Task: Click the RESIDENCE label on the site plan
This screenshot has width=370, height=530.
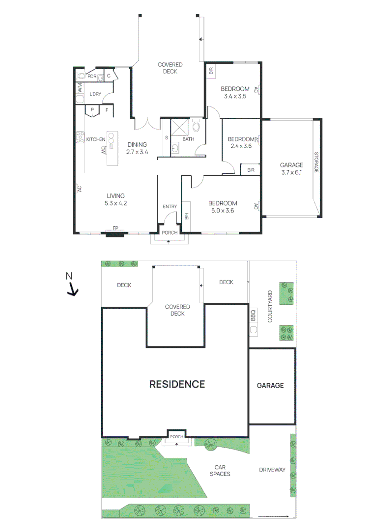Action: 177,384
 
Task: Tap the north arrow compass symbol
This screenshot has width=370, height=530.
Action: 72,288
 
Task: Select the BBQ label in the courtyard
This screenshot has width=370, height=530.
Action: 254,315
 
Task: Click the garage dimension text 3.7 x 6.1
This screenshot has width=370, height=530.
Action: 291,172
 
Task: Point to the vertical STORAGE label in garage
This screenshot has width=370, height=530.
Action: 316,162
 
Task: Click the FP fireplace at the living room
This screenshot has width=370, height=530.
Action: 115,229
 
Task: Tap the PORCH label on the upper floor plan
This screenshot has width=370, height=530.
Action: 170,233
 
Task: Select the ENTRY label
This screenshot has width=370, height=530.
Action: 170,207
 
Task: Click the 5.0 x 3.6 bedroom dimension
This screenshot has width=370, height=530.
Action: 223,211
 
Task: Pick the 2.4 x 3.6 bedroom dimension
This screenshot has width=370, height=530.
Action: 240,146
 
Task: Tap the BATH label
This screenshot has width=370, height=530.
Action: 188,139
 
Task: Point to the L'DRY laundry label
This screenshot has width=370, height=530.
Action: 95,94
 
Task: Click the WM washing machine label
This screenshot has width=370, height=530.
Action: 80,88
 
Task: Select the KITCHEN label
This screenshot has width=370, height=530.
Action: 96,139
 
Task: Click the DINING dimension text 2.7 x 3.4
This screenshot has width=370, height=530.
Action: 137,152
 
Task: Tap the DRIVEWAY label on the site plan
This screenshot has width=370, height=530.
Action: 272,470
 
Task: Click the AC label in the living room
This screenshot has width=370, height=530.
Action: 79,188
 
